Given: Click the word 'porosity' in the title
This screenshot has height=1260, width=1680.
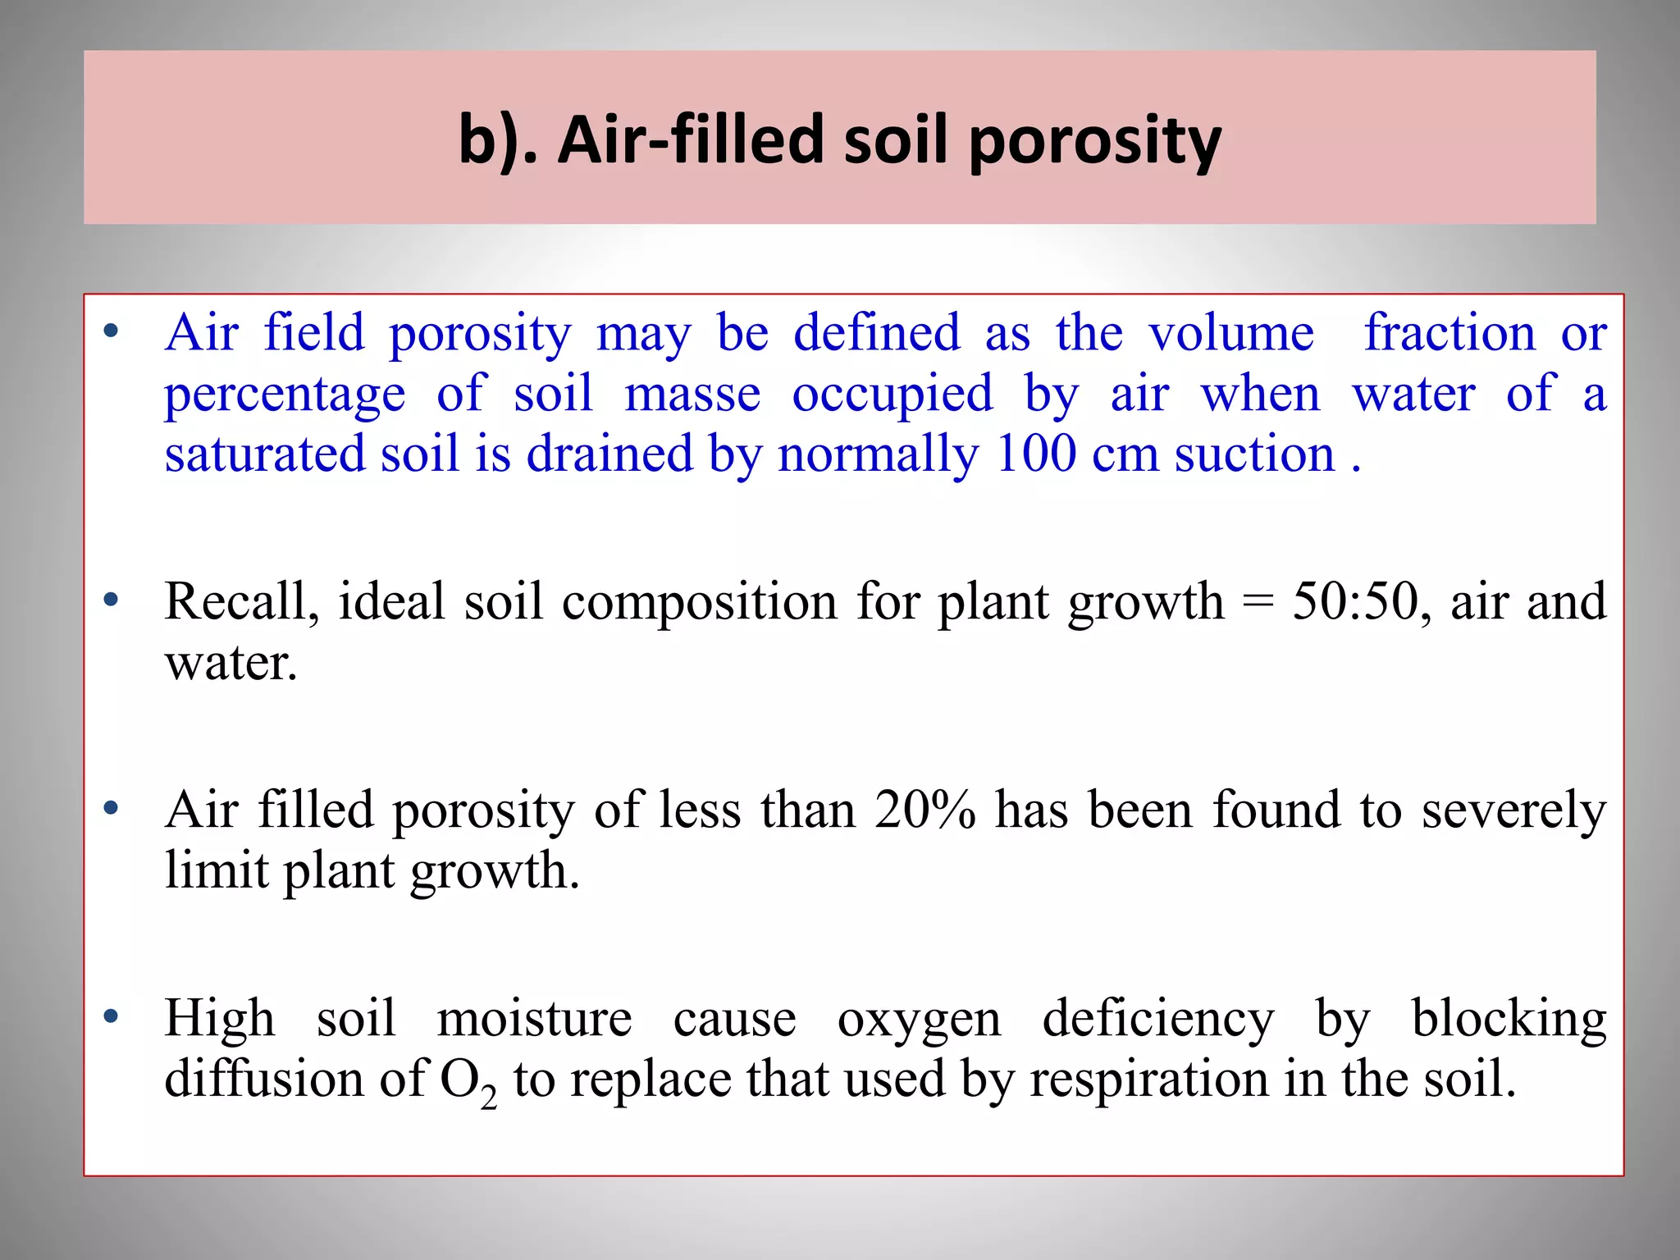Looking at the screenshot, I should (1095, 141).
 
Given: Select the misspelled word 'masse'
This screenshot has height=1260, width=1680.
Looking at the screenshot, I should (692, 395).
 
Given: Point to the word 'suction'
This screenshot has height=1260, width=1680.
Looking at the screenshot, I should (1255, 455).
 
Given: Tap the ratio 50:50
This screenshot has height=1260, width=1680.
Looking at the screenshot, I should (1355, 601).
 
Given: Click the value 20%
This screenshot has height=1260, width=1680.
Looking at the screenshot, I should (924, 810).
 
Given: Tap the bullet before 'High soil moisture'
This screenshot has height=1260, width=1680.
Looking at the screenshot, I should (112, 1017).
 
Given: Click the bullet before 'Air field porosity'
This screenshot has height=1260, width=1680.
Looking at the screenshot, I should (112, 332).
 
